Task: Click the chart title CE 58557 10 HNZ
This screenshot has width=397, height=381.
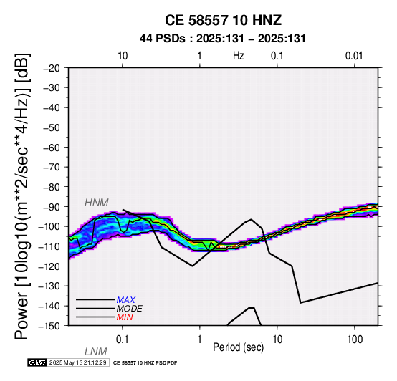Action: coord(223,20)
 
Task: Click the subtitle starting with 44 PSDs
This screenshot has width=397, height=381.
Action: coord(223,39)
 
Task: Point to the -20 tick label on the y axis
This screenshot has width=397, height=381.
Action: coord(52,68)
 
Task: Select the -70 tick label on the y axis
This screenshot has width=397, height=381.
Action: coord(52,168)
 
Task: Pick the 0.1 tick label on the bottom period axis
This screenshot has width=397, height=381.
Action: coord(123,339)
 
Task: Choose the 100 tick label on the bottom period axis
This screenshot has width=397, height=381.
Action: coord(355,339)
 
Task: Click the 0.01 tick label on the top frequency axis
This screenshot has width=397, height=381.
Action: coord(354,56)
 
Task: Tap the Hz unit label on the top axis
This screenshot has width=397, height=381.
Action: coord(239,56)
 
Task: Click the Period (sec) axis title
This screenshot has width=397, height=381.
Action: coord(238,347)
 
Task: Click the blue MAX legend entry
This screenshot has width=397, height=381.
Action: coord(125,300)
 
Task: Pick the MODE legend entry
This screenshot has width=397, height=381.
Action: coord(130,309)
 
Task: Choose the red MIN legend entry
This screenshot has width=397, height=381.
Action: coord(125,317)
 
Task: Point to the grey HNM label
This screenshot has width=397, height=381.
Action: coord(97,203)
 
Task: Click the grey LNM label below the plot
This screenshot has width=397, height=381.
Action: coord(95,352)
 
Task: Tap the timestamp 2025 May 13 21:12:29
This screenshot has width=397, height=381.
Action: coord(77,362)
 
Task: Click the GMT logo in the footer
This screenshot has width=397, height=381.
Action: coord(37,362)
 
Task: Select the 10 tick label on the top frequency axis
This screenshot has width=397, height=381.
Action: coord(123,56)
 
